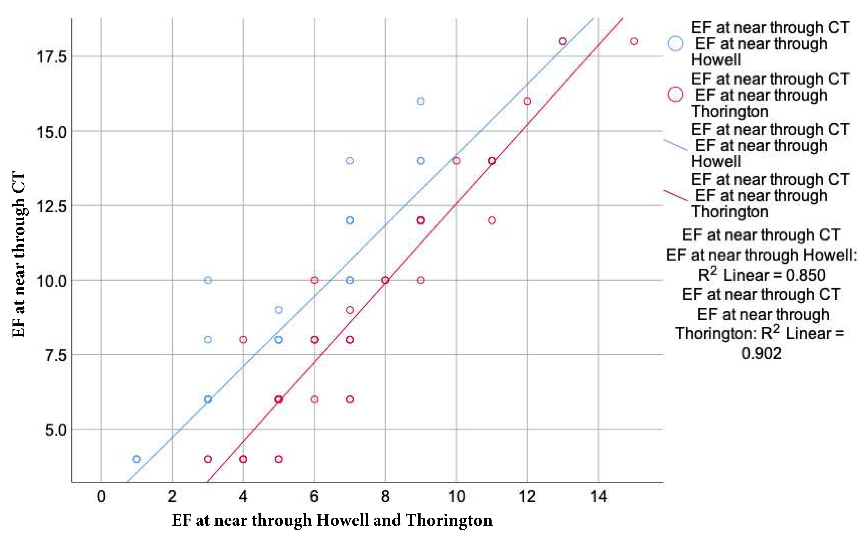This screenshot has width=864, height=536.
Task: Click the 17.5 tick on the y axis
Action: click(x=51, y=57)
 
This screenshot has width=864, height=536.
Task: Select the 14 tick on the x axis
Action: click(x=598, y=497)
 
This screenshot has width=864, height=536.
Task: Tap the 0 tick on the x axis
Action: click(x=101, y=497)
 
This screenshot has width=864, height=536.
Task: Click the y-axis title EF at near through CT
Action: click(x=19, y=255)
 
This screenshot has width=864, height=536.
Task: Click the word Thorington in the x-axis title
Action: click(x=449, y=520)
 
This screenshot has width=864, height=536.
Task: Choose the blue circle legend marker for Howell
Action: click(x=676, y=44)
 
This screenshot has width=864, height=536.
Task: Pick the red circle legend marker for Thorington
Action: click(x=676, y=95)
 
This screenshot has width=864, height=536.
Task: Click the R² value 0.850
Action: click(x=805, y=275)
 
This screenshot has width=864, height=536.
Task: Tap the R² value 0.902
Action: click(x=762, y=354)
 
